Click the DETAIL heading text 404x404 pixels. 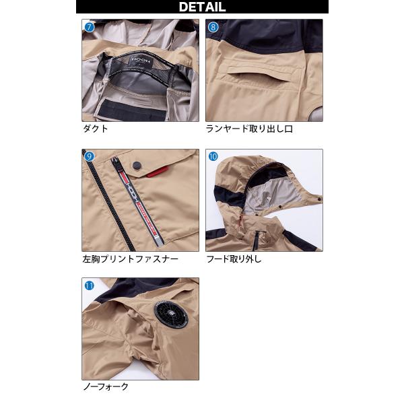[202, 7]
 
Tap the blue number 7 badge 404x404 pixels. [90, 27]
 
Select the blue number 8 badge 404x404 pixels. [213, 27]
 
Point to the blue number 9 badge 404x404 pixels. [89, 156]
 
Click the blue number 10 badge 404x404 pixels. [213, 156]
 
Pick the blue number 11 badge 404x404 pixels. [90, 285]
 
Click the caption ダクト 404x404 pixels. [96, 129]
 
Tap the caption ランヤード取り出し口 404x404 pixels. [249, 129]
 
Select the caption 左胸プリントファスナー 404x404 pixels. [131, 259]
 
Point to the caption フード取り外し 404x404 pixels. [234, 259]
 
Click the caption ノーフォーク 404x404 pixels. [106, 386]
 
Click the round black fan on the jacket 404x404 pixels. [171, 316]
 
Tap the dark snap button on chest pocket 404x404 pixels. [136, 166]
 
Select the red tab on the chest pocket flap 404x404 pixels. [158, 172]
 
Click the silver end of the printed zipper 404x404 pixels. [160, 240]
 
